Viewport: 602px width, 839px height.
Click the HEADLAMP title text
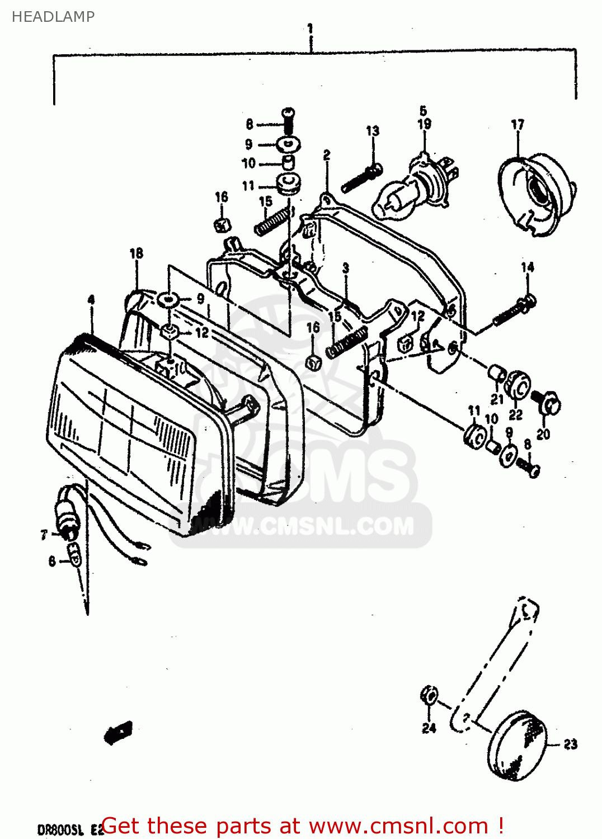click(x=53, y=17)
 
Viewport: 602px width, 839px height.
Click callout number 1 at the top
click(x=310, y=27)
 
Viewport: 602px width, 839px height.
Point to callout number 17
click(x=518, y=124)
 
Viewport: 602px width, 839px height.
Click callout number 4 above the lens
click(x=91, y=300)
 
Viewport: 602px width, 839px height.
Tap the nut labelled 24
click(x=429, y=696)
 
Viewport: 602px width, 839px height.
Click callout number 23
click(x=570, y=744)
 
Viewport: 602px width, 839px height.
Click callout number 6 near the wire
click(x=52, y=561)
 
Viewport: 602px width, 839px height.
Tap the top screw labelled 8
click(x=289, y=119)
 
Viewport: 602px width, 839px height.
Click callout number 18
click(x=137, y=253)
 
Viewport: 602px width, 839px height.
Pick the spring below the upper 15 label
click(x=274, y=219)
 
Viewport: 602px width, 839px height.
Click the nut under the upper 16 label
click(x=223, y=225)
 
